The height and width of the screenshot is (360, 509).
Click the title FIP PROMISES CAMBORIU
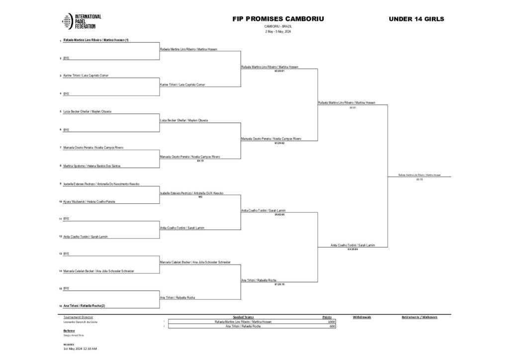278,19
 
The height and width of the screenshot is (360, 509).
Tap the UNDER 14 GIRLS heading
417,19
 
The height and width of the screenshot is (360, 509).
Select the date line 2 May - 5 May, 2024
278,31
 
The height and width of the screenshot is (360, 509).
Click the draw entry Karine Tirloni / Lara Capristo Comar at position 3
86,76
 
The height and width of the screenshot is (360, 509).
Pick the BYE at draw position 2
66,58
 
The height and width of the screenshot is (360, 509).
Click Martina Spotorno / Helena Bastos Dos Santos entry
92,166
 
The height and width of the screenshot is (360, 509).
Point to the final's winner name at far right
419,175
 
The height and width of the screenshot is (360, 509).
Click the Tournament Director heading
78,317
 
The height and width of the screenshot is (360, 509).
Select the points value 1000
332,322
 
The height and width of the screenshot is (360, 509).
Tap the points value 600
333,326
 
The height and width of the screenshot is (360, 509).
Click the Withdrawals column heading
362,317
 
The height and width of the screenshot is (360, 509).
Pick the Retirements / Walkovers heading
419,317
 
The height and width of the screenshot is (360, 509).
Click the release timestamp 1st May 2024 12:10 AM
80,349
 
